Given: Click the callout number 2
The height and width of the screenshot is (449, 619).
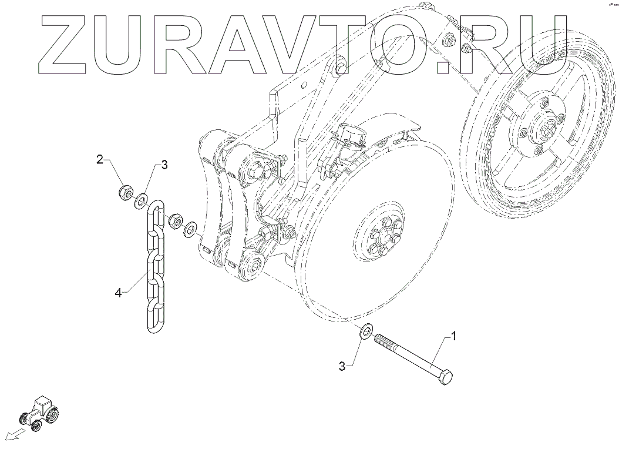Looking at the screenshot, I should [100, 159].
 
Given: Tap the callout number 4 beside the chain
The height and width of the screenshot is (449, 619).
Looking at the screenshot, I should [118, 292].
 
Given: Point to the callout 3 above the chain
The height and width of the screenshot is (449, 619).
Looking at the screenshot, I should [164, 165].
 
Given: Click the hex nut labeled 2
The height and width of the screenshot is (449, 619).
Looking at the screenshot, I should [124, 192].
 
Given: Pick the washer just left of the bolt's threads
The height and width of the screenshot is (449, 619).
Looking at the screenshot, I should [364, 331].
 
